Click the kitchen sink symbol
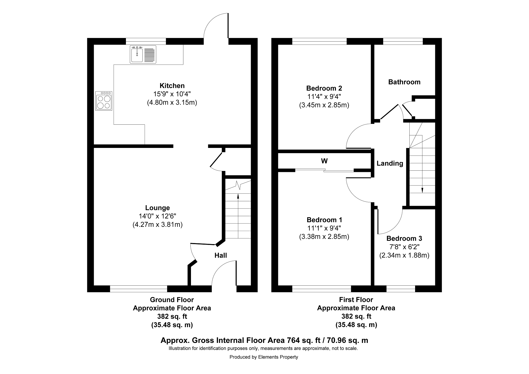pyautogui.click(x=143, y=54)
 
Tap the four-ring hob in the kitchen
pyautogui.click(x=104, y=101)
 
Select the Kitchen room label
pyautogui.click(x=172, y=86)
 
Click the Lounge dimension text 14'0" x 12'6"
pyautogui.click(x=158, y=216)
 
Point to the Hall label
pyautogui.click(x=221, y=255)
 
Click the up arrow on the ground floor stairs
pyautogui.click(x=238, y=216)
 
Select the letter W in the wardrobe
pyautogui.click(x=324, y=161)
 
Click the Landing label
pyautogui.click(x=390, y=164)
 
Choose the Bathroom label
pyautogui.click(x=404, y=82)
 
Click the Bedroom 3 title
pyautogui.click(x=404, y=238)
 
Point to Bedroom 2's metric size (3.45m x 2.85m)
pyautogui.click(x=324, y=105)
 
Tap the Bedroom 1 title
pyautogui.click(x=324, y=220)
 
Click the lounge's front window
pyautogui.click(x=138, y=289)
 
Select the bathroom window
pyautogui.click(x=403, y=41)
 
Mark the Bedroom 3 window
pyautogui.click(x=401, y=289)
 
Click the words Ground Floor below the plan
pyautogui.click(x=172, y=300)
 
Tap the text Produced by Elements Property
pyautogui.click(x=264, y=357)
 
